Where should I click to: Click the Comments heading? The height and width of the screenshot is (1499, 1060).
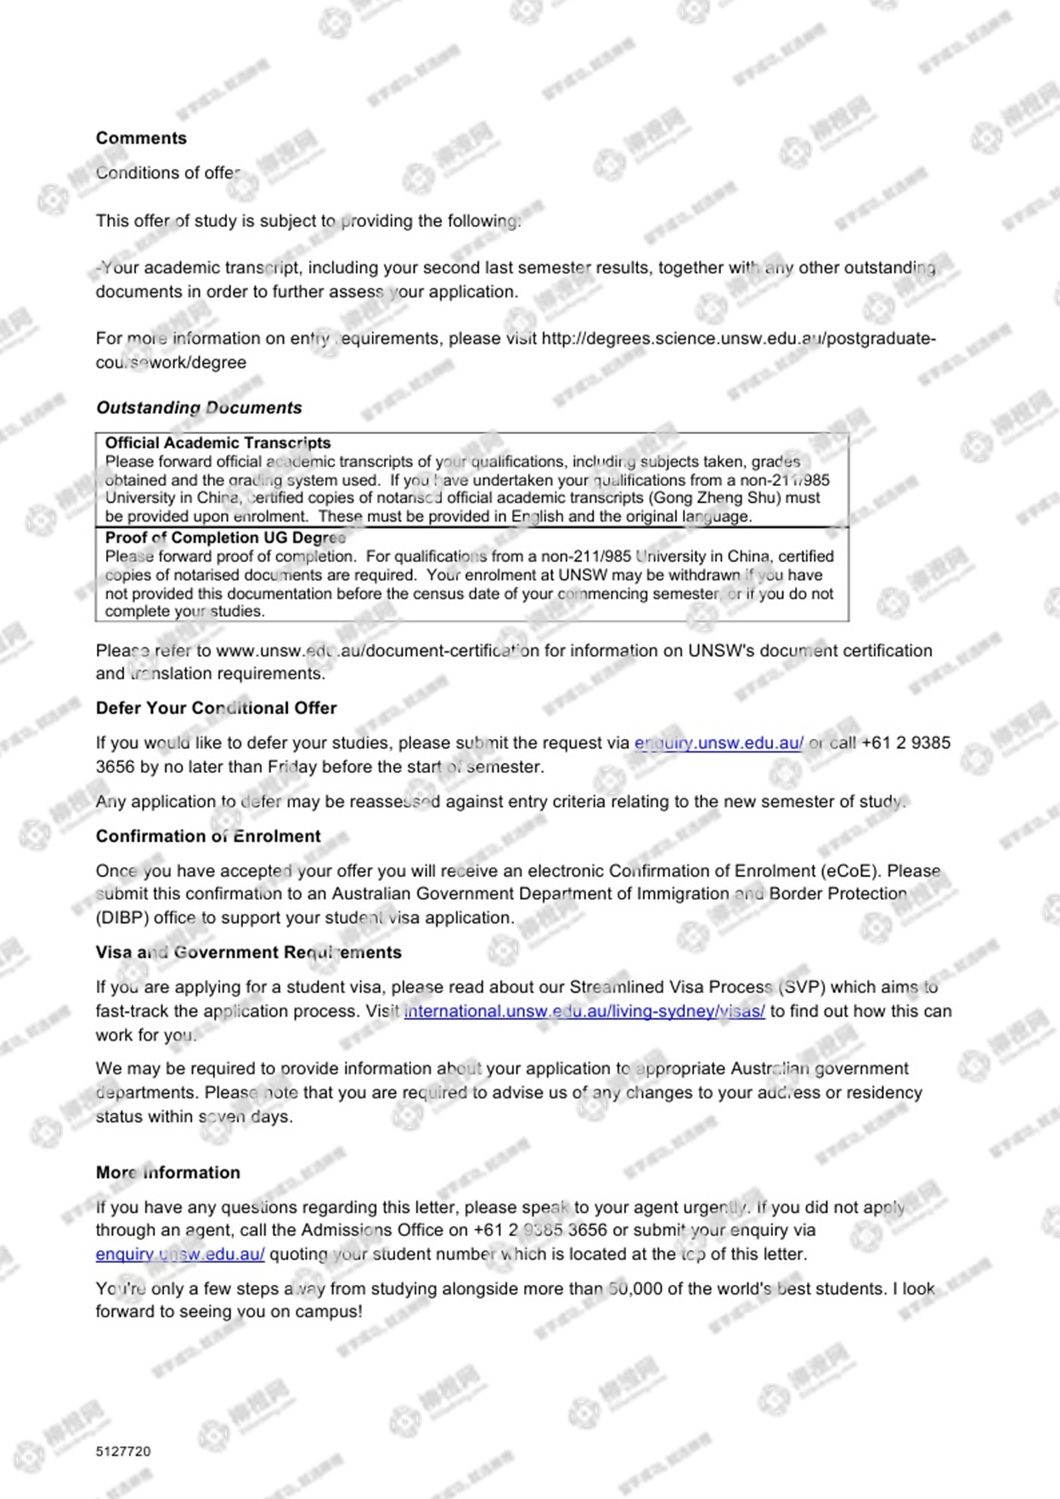click(x=141, y=138)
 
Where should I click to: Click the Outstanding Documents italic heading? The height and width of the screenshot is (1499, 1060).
click(x=198, y=407)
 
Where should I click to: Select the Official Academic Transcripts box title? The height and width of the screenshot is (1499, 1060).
click(x=217, y=443)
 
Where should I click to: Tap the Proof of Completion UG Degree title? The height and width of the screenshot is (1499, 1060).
click(x=225, y=538)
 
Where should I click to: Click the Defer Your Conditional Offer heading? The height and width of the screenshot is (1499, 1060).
click(x=216, y=708)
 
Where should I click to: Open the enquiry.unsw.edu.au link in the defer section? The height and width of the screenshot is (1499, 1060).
click(x=719, y=743)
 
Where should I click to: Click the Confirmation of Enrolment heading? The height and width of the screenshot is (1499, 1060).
click(x=207, y=836)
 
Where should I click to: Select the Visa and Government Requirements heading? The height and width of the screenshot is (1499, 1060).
click(x=248, y=952)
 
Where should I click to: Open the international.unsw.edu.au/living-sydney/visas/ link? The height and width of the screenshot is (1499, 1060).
click(x=584, y=1011)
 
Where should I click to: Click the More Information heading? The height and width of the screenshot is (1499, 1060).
click(x=167, y=1172)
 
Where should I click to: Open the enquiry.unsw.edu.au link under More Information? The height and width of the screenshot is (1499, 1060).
click(x=179, y=1254)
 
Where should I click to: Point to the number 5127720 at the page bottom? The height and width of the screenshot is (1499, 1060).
click(x=123, y=1451)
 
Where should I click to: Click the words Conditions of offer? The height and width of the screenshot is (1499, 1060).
click(x=167, y=173)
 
